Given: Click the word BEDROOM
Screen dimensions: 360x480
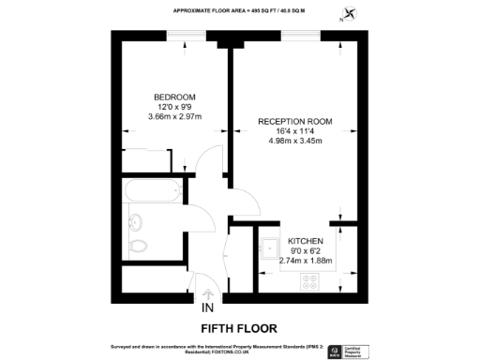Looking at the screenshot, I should click(174, 97).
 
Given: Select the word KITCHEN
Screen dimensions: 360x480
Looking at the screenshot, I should click(306, 240).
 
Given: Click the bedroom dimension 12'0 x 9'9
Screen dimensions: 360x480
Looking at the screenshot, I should click(174, 107).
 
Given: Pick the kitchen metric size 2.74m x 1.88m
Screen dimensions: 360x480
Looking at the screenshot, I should click(306, 261).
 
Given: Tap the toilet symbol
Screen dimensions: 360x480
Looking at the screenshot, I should click(140, 247).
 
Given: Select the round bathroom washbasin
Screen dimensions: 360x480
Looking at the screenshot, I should click(135, 222).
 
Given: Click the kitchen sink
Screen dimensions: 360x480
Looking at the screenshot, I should click(269, 248).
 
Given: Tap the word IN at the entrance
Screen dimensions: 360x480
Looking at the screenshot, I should click(207, 307).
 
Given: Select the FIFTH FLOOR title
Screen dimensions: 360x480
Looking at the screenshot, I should click(238, 328).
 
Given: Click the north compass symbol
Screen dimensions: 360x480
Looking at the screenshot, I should click(351, 13).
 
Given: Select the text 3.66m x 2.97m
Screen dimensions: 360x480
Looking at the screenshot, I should click(174, 117).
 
